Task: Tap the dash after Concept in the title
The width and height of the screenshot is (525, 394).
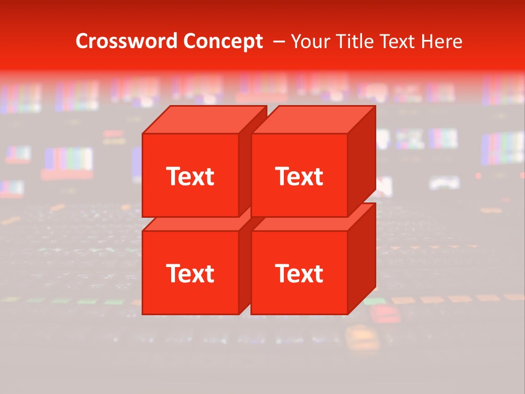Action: point(278,42)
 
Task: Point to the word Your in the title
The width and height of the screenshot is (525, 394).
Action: point(309,42)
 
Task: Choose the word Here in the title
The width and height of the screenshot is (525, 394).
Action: point(445,42)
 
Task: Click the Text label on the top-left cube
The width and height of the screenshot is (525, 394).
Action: point(190,176)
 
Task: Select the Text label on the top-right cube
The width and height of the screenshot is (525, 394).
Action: point(299,176)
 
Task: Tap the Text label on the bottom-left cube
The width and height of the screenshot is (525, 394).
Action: point(190,273)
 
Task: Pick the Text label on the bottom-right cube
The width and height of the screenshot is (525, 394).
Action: point(299,273)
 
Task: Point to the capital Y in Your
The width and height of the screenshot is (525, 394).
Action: point(296,42)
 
